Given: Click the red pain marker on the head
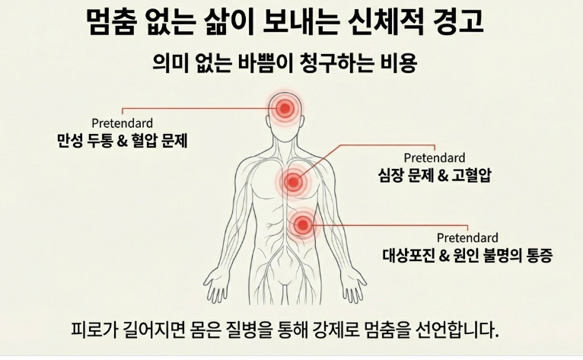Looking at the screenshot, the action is pyautogui.click(x=285, y=109).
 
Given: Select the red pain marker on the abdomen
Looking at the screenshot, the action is pyautogui.click(x=303, y=224).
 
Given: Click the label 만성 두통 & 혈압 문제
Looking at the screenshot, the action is pyautogui.click(x=123, y=142).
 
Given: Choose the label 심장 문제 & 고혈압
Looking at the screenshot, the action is pyautogui.click(x=435, y=177).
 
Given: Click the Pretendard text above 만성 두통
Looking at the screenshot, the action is pyautogui.click(x=122, y=123).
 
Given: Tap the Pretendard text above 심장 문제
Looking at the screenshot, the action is pyautogui.click(x=435, y=158).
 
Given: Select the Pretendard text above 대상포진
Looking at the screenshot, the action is pyautogui.click(x=467, y=237).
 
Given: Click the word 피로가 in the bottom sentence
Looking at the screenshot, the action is pyautogui.click(x=90, y=331).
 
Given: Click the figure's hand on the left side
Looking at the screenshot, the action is pyautogui.click(x=216, y=292).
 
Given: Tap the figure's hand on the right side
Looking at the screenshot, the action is pyautogui.click(x=355, y=292).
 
